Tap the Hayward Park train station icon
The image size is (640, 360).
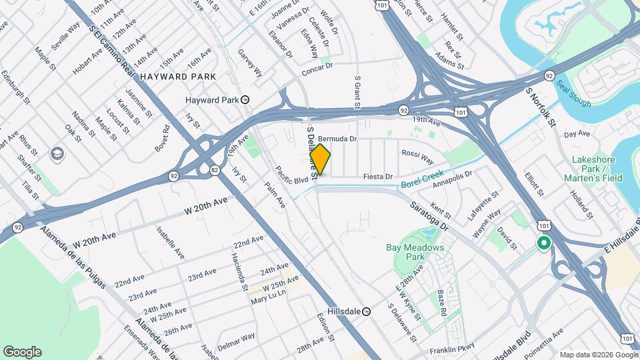pos(245,100)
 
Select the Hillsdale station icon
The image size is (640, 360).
pos(366,311)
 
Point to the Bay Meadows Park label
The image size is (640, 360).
pos(415,252)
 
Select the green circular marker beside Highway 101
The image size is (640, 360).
pos(543,244)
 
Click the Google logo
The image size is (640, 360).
pos(22,352)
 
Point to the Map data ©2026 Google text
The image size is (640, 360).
pos(597,355)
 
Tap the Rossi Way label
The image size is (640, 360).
pos(417,157)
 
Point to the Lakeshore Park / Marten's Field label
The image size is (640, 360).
pos(597,169)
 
